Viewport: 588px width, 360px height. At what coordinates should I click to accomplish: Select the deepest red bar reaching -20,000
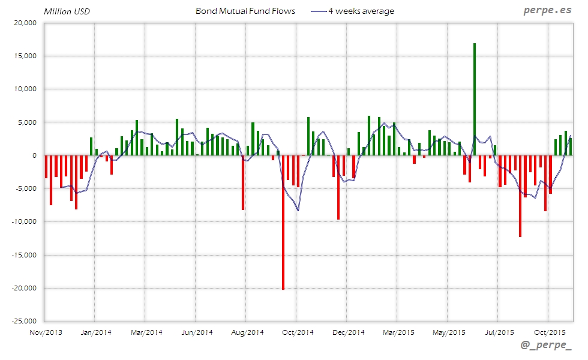283,222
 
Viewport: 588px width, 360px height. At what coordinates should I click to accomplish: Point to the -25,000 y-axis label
25,321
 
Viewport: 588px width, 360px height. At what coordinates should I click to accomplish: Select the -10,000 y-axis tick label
25,222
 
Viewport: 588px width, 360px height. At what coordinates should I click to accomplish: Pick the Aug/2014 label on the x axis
247,332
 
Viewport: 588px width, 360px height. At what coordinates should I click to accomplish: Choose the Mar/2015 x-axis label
398,332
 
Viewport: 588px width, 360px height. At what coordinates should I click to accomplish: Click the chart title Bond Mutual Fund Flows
245,11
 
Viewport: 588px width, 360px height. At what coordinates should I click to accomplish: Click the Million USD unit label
67,11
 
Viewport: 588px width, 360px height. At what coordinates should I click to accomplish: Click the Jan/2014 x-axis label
95,332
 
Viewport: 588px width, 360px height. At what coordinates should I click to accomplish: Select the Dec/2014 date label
348,332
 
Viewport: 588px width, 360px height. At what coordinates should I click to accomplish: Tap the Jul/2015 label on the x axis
499,332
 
